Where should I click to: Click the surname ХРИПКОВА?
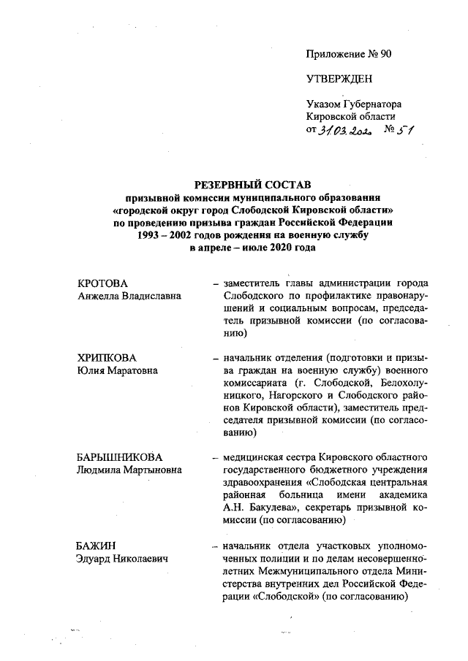click(107, 358)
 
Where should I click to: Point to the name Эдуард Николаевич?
click(122, 558)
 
